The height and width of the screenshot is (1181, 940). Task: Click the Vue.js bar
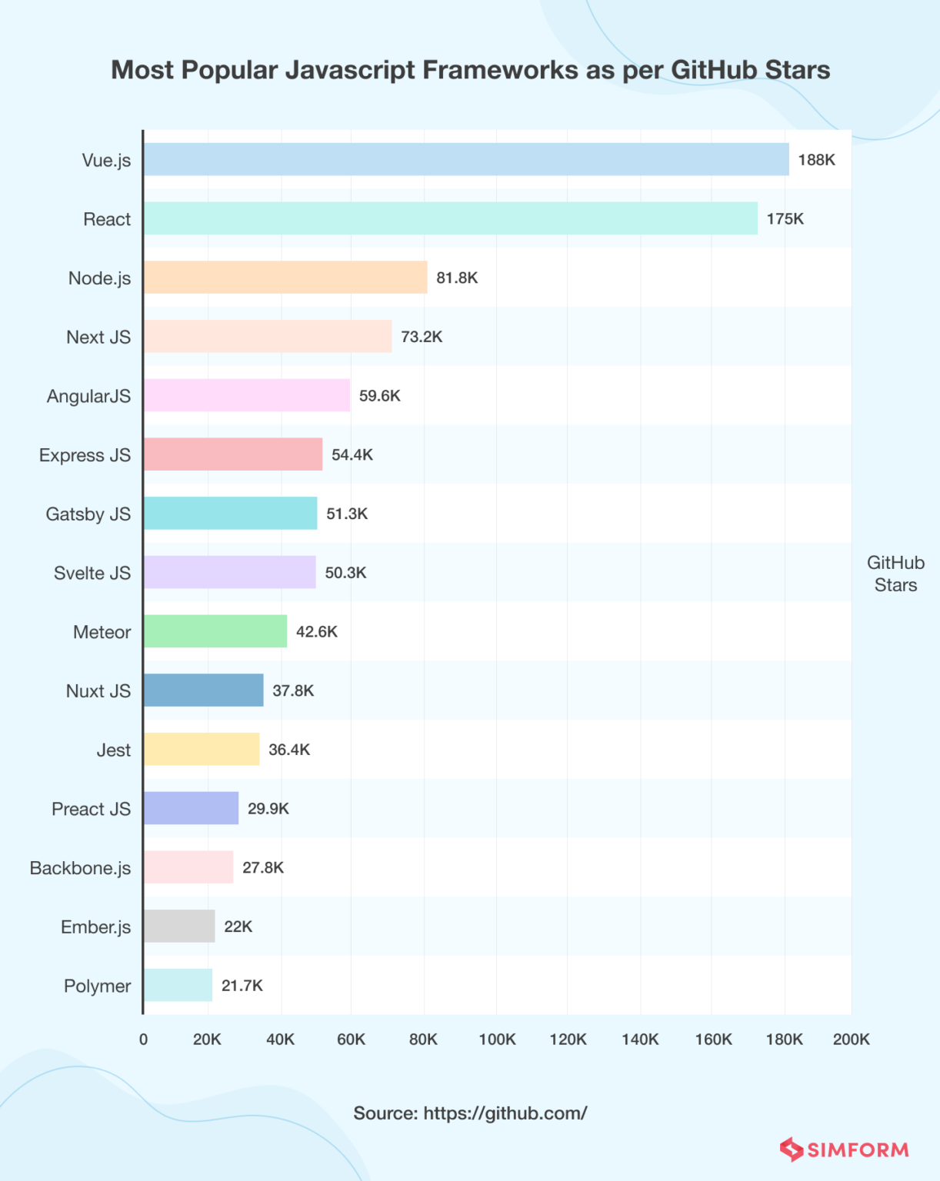pos(466,159)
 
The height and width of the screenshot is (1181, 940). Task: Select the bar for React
pos(450,218)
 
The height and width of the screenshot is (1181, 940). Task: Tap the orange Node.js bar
pos(285,278)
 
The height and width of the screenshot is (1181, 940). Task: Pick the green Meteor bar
pos(215,631)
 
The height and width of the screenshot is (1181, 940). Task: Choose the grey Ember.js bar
pos(179,926)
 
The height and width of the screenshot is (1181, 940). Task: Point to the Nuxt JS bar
pos(204,690)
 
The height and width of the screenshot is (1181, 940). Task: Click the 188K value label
pos(816,160)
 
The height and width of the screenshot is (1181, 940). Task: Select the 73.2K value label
pos(422,337)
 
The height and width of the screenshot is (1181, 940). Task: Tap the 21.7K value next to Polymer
pos(242,986)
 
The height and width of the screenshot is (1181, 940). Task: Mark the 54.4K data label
pos(352,454)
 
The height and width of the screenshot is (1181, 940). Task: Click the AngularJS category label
pos(88,396)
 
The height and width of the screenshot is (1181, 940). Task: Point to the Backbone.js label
pos(80,868)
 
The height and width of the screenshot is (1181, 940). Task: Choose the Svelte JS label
pos(92,573)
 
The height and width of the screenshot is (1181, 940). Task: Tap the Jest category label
pos(114,750)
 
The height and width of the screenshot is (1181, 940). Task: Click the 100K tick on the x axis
pos(497,1040)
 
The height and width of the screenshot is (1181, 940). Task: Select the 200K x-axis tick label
pos(851,1040)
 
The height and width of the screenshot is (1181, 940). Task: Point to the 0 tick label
pos(143,1040)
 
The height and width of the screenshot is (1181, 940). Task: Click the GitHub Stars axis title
pos(895,574)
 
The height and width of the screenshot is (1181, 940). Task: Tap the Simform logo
pos(844,1149)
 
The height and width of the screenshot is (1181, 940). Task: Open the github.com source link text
pos(505,1113)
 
